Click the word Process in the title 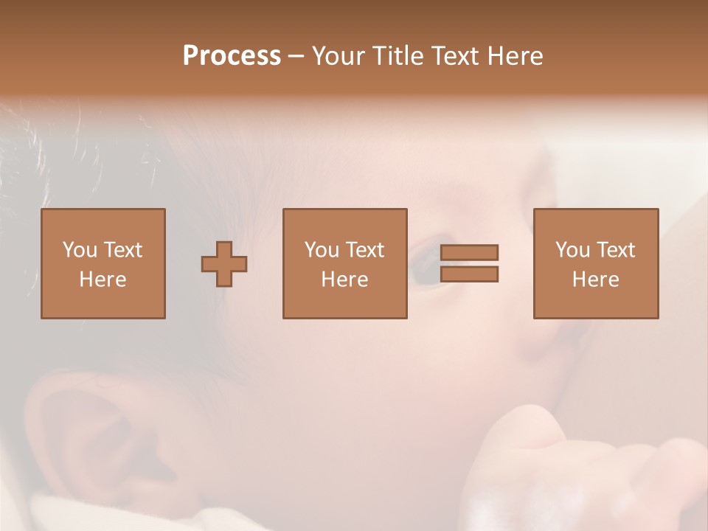tap(232, 56)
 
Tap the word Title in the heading tap(399, 56)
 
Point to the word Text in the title tap(455, 56)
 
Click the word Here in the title tap(515, 56)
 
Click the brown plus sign tap(224, 263)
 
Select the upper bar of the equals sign tap(469, 252)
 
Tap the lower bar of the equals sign tap(469, 274)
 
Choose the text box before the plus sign tap(103, 263)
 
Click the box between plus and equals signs tap(344, 263)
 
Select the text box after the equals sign tap(595, 263)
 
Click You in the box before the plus tap(80, 250)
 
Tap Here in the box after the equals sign tap(595, 280)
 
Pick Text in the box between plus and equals tap(365, 250)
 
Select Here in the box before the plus tap(103, 280)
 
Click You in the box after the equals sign tap(572, 250)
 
